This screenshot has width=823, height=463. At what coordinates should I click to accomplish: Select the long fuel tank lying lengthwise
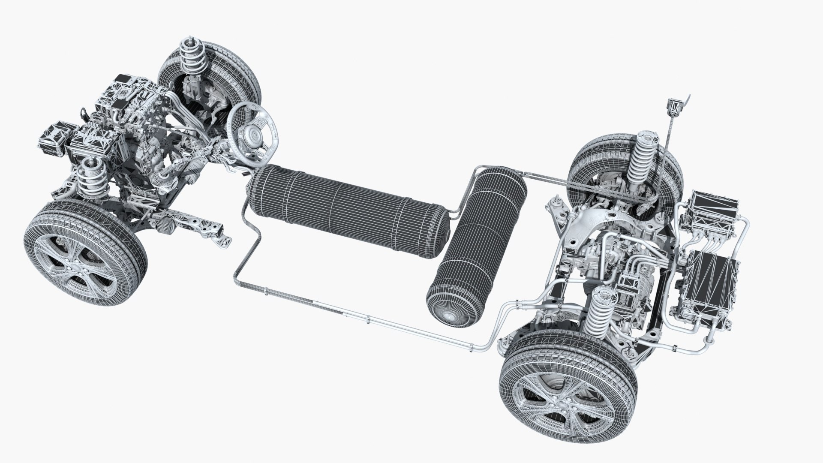[x=347, y=201]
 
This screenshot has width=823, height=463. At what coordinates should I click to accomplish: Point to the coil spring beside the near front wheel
[x=91, y=180]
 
